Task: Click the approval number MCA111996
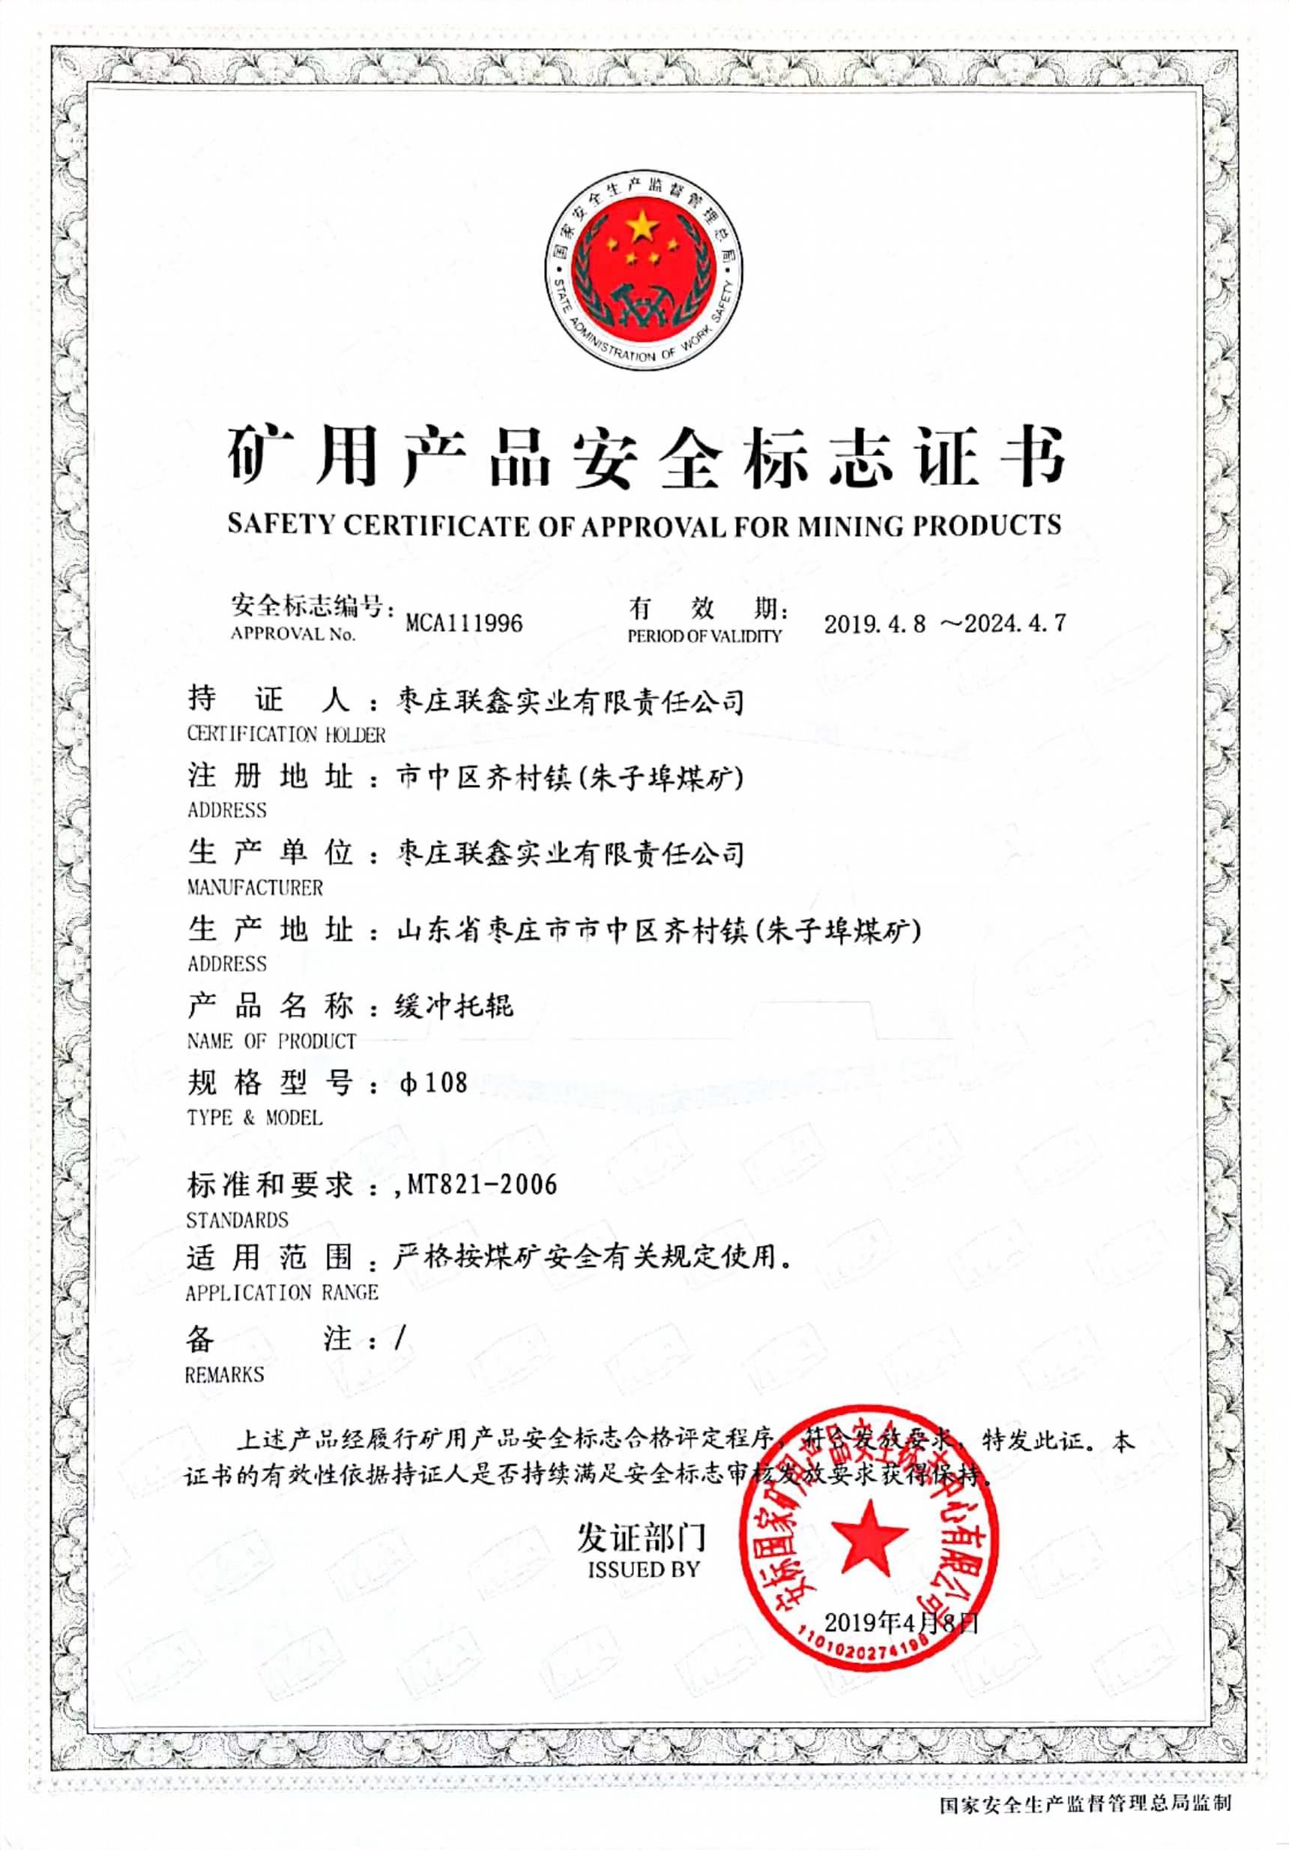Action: [x=464, y=623]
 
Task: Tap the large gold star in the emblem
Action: [x=642, y=226]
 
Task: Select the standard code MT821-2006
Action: [x=482, y=1184]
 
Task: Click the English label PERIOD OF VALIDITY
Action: [x=704, y=636]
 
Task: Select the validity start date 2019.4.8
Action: [x=874, y=624]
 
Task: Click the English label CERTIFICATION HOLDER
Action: [x=286, y=734]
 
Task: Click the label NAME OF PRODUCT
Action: [x=271, y=1041]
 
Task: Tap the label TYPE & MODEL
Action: [x=255, y=1118]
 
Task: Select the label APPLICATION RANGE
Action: [x=281, y=1292]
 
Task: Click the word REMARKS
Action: [x=225, y=1374]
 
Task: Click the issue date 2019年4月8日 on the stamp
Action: [x=901, y=1622]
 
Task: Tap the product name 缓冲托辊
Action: [x=453, y=1005]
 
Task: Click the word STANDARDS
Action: [x=237, y=1220]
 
